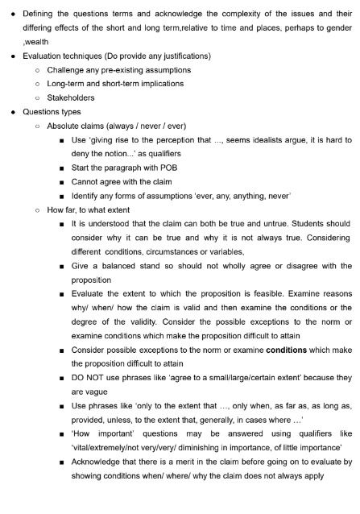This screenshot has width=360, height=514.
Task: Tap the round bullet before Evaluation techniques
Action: pos(14,56)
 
